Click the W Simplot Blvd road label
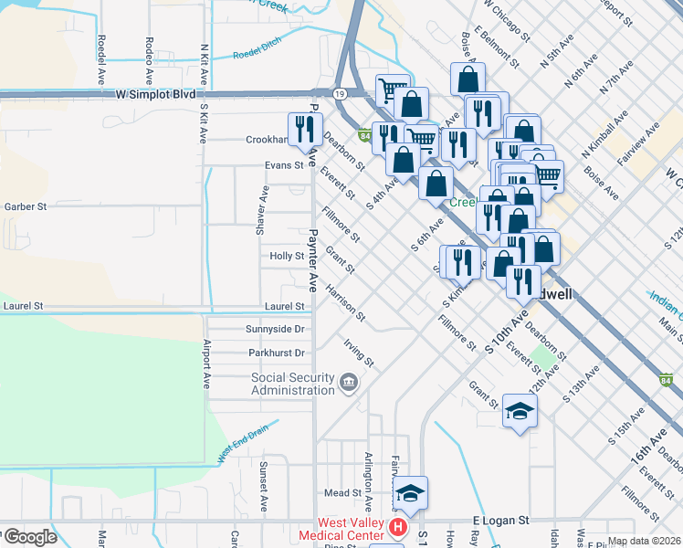tap(156, 94)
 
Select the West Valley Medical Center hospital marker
tap(398, 527)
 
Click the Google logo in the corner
tap(29, 537)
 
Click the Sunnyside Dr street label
tap(275, 329)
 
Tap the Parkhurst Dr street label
tap(276, 353)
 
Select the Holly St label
tap(287, 257)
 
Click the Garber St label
tap(25, 207)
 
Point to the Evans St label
tap(283, 165)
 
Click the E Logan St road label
tap(501, 520)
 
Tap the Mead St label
tap(343, 493)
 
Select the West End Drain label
tap(242, 441)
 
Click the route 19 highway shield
tap(339, 93)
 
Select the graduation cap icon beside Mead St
tap(411, 493)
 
